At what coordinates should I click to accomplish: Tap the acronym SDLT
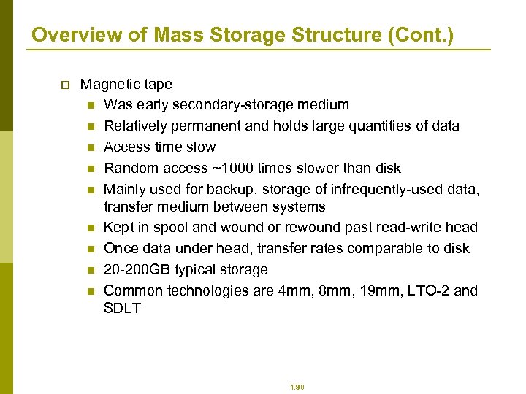(x=123, y=308)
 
